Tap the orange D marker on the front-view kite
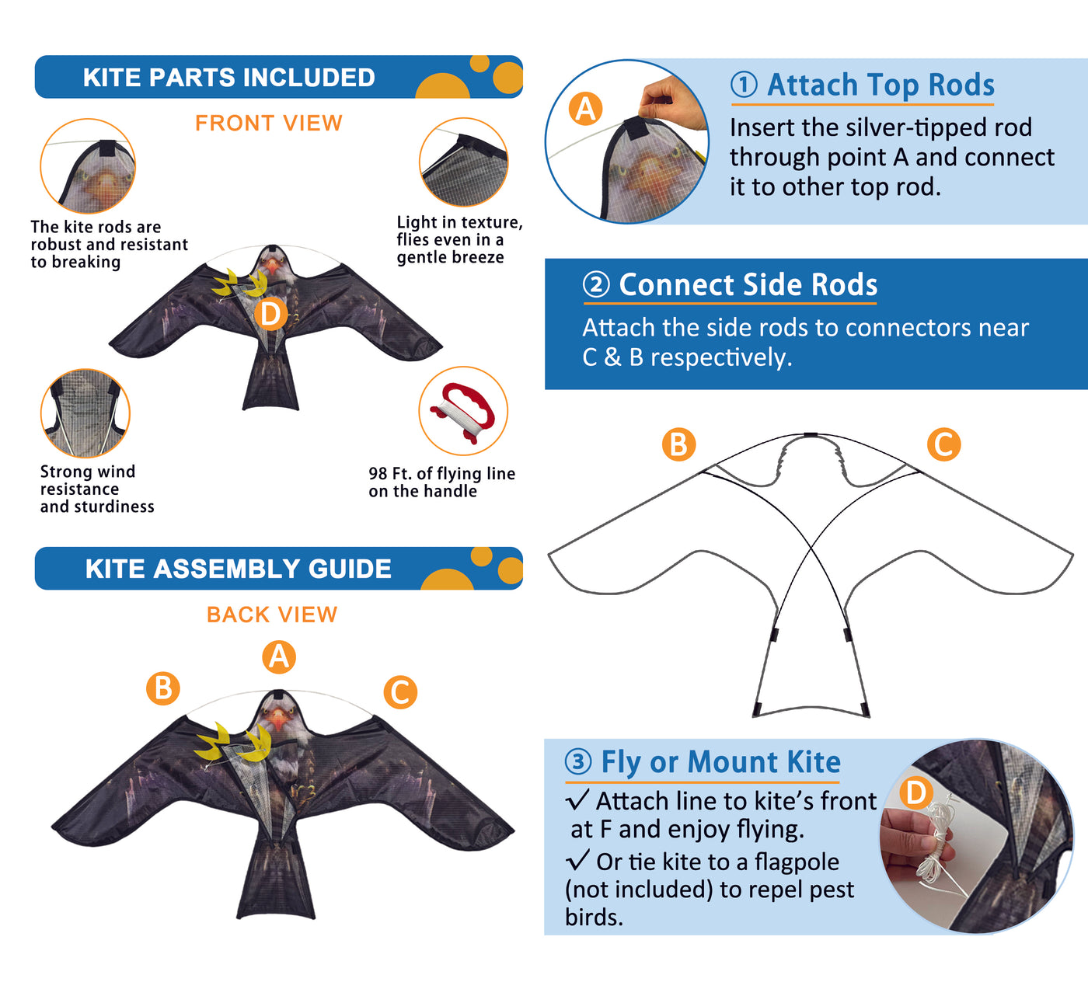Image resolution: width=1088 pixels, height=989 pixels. pyautogui.click(x=270, y=314)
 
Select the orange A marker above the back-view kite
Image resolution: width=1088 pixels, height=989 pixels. pyautogui.click(x=279, y=656)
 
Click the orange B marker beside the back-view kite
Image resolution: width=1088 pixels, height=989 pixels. pyautogui.click(x=162, y=688)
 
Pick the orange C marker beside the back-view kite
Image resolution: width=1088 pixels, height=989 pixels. pyautogui.click(x=400, y=692)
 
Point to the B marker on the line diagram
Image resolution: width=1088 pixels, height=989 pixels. pyautogui.click(x=678, y=444)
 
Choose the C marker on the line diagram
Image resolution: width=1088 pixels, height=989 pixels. pyautogui.click(x=943, y=444)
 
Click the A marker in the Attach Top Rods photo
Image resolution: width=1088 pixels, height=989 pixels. pyautogui.click(x=585, y=109)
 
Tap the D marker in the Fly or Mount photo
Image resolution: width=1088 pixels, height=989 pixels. pyautogui.click(x=916, y=792)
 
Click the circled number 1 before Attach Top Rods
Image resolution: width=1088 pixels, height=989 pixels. pyautogui.click(x=745, y=85)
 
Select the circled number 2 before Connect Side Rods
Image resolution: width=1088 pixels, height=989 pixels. pyautogui.click(x=596, y=284)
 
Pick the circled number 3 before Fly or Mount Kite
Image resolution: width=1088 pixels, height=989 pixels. pyautogui.click(x=578, y=761)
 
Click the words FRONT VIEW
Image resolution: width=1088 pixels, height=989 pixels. pyautogui.click(x=268, y=123)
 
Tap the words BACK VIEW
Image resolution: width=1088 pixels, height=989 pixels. pyautogui.click(x=272, y=615)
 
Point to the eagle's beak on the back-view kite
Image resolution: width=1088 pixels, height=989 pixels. pyautogui.click(x=278, y=719)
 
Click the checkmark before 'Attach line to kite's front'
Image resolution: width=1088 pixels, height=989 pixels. pyautogui.click(x=577, y=799)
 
